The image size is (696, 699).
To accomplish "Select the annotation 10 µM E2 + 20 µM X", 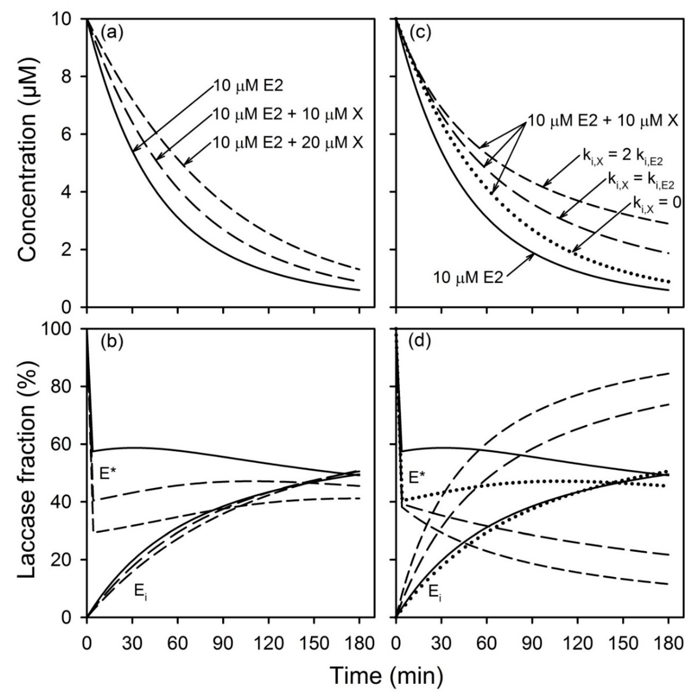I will (287, 143).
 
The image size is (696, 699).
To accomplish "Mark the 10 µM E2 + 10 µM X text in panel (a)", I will (287, 115).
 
